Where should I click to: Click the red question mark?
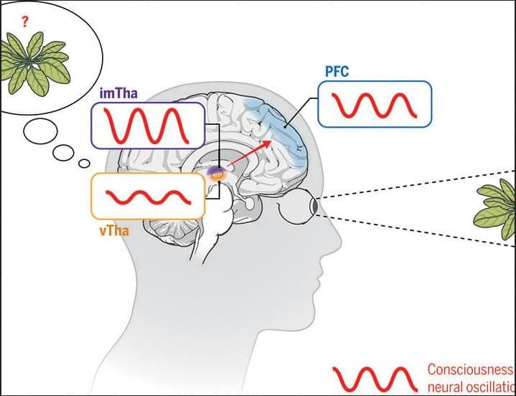(x=24, y=22)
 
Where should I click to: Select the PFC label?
(x=335, y=72)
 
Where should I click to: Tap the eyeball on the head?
(x=302, y=207)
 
